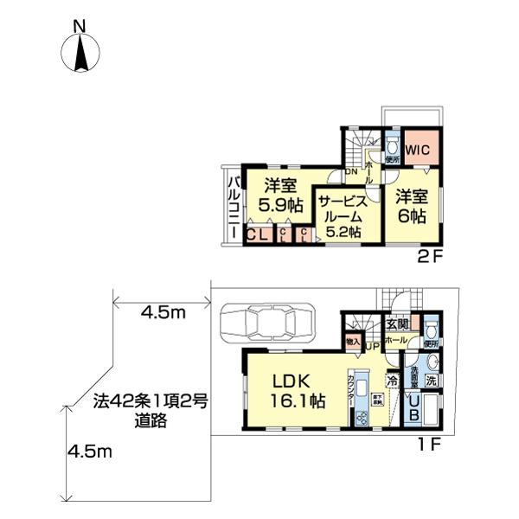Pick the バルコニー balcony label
tap(234, 205)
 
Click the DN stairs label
tap(351, 172)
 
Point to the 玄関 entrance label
tap(397, 324)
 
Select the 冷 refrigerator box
tap(392, 379)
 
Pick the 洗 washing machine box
tap(430, 380)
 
